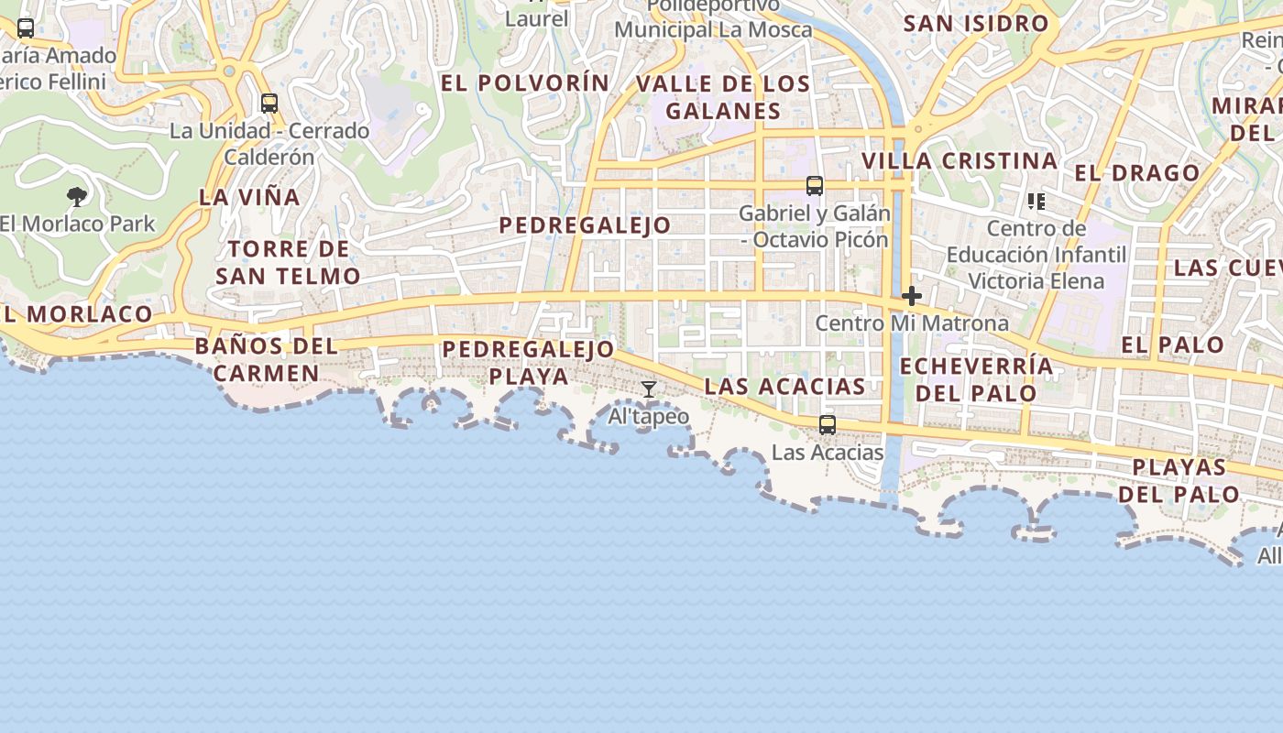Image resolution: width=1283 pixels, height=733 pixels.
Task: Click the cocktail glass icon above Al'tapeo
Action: click(649, 389)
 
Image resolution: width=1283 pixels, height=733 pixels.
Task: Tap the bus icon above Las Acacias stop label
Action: click(828, 424)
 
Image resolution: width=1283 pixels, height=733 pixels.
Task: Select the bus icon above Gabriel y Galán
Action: click(815, 186)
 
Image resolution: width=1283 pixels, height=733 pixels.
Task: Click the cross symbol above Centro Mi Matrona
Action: click(912, 296)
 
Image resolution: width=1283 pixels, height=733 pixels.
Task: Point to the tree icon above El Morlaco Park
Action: click(78, 196)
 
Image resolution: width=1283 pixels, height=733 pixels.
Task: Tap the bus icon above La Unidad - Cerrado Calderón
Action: click(269, 104)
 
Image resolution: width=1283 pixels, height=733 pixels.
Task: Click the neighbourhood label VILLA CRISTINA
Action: click(960, 161)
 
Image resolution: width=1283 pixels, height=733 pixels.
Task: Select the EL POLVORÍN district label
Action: click(525, 83)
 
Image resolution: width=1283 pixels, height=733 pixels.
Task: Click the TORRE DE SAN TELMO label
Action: click(289, 262)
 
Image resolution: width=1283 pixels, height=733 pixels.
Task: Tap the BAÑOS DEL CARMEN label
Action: click(266, 360)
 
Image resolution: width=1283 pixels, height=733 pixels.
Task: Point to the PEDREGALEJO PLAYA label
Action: click(529, 362)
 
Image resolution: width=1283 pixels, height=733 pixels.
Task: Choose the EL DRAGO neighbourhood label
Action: click(1136, 173)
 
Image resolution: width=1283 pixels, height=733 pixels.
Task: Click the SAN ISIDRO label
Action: click(976, 24)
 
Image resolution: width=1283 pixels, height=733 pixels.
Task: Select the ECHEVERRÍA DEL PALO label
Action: click(976, 379)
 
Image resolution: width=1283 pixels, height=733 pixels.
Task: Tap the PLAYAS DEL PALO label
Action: click(1179, 480)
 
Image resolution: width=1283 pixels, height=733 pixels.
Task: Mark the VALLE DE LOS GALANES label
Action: click(723, 97)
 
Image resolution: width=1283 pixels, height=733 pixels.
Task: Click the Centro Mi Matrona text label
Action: click(912, 323)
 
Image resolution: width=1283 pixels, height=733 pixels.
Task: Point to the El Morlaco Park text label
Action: click(78, 224)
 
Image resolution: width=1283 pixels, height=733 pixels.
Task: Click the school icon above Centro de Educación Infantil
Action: click(1036, 202)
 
